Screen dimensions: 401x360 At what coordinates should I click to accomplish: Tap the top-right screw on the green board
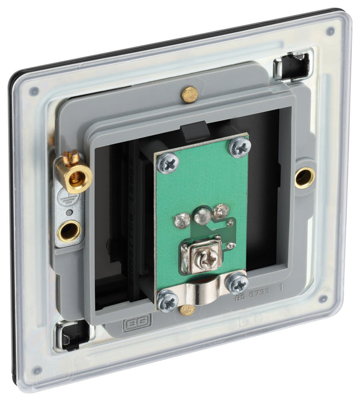tap(239, 147)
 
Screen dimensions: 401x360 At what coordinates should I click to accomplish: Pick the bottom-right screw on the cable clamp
tap(236, 282)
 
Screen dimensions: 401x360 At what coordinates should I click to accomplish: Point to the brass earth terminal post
tap(71, 173)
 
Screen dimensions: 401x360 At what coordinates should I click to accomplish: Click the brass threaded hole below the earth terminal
tap(68, 230)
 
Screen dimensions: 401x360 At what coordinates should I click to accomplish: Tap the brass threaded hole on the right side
tap(305, 178)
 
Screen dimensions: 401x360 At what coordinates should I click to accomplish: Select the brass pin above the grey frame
tap(189, 94)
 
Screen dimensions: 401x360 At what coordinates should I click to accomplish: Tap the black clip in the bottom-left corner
tap(73, 335)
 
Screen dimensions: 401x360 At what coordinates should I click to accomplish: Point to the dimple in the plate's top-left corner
tap(34, 91)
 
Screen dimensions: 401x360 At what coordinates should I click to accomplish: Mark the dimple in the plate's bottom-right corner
tap(323, 298)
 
